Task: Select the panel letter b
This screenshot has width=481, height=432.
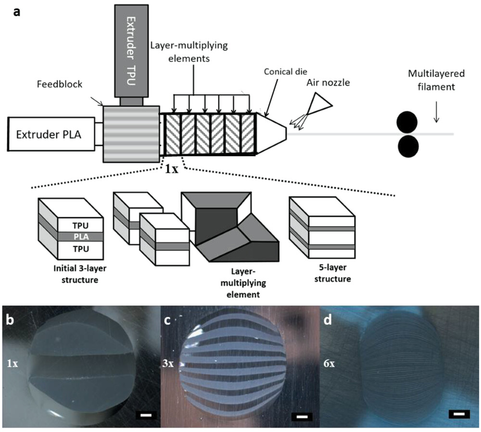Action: [x=12, y=320]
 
